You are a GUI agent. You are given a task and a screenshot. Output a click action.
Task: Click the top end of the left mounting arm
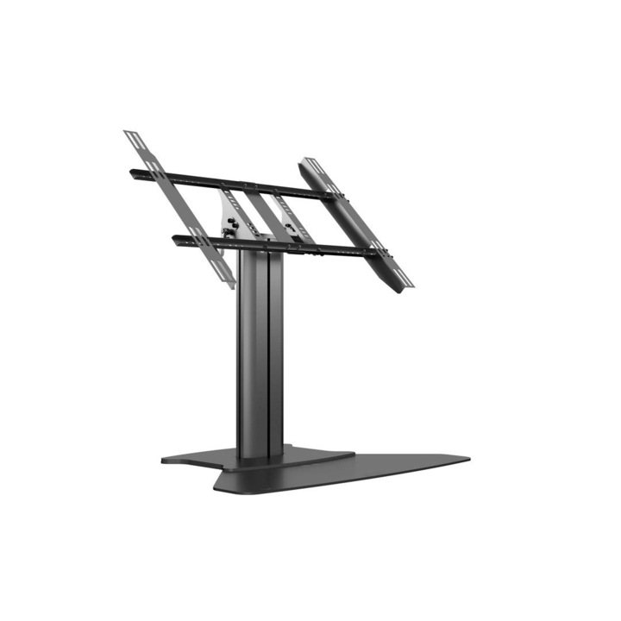pos(132,135)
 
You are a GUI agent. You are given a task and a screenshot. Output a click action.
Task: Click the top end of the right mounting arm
pos(308,162)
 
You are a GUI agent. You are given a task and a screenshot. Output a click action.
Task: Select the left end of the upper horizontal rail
pos(133,172)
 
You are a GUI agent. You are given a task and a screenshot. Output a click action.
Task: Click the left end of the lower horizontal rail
pos(177,239)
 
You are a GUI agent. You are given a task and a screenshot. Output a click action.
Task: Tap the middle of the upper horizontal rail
pos(233,184)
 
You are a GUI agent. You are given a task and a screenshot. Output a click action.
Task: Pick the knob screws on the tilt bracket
pos(231,228)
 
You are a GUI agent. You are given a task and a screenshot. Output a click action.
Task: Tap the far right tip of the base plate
pos(467,457)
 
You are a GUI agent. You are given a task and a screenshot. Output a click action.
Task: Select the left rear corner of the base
pos(165,460)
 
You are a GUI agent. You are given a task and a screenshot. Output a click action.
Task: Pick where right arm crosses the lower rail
pos(377,253)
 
